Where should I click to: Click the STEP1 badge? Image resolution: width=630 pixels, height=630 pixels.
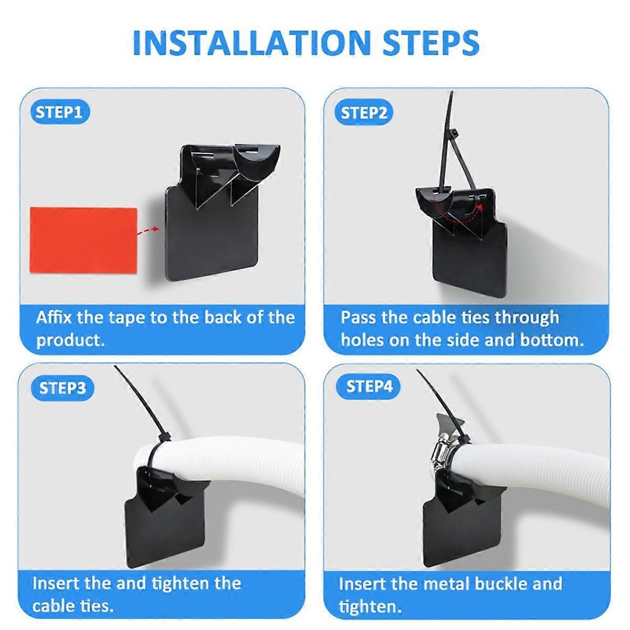point(59,112)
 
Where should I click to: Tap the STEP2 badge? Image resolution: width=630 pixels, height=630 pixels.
point(364,113)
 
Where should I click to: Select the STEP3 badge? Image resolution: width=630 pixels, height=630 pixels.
point(62,388)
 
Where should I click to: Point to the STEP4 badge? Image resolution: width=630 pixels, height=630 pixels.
point(369,387)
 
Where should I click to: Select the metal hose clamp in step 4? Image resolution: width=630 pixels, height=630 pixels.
point(444,451)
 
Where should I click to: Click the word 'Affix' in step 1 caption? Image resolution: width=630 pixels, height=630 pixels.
point(54,318)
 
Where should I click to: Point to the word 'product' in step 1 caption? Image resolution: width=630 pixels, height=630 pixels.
point(69,340)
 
